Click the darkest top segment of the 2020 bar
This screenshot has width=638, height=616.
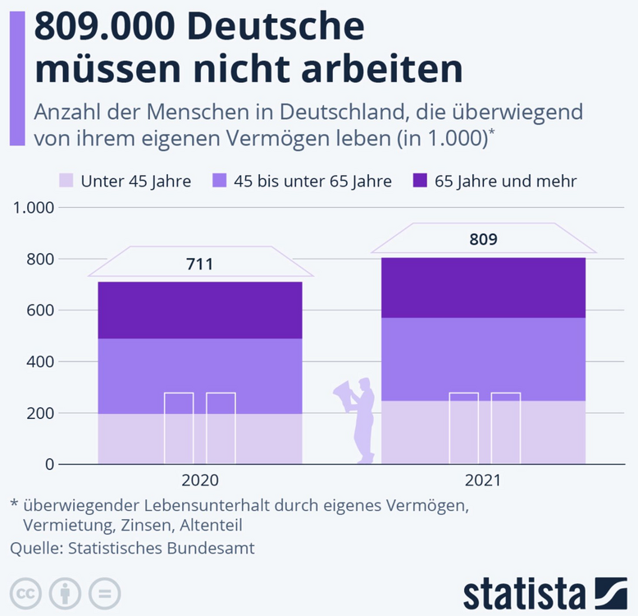199,310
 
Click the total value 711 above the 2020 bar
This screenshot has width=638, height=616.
199,264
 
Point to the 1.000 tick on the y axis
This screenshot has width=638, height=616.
34,208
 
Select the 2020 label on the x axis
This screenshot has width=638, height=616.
199,481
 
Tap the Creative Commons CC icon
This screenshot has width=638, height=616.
26,593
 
